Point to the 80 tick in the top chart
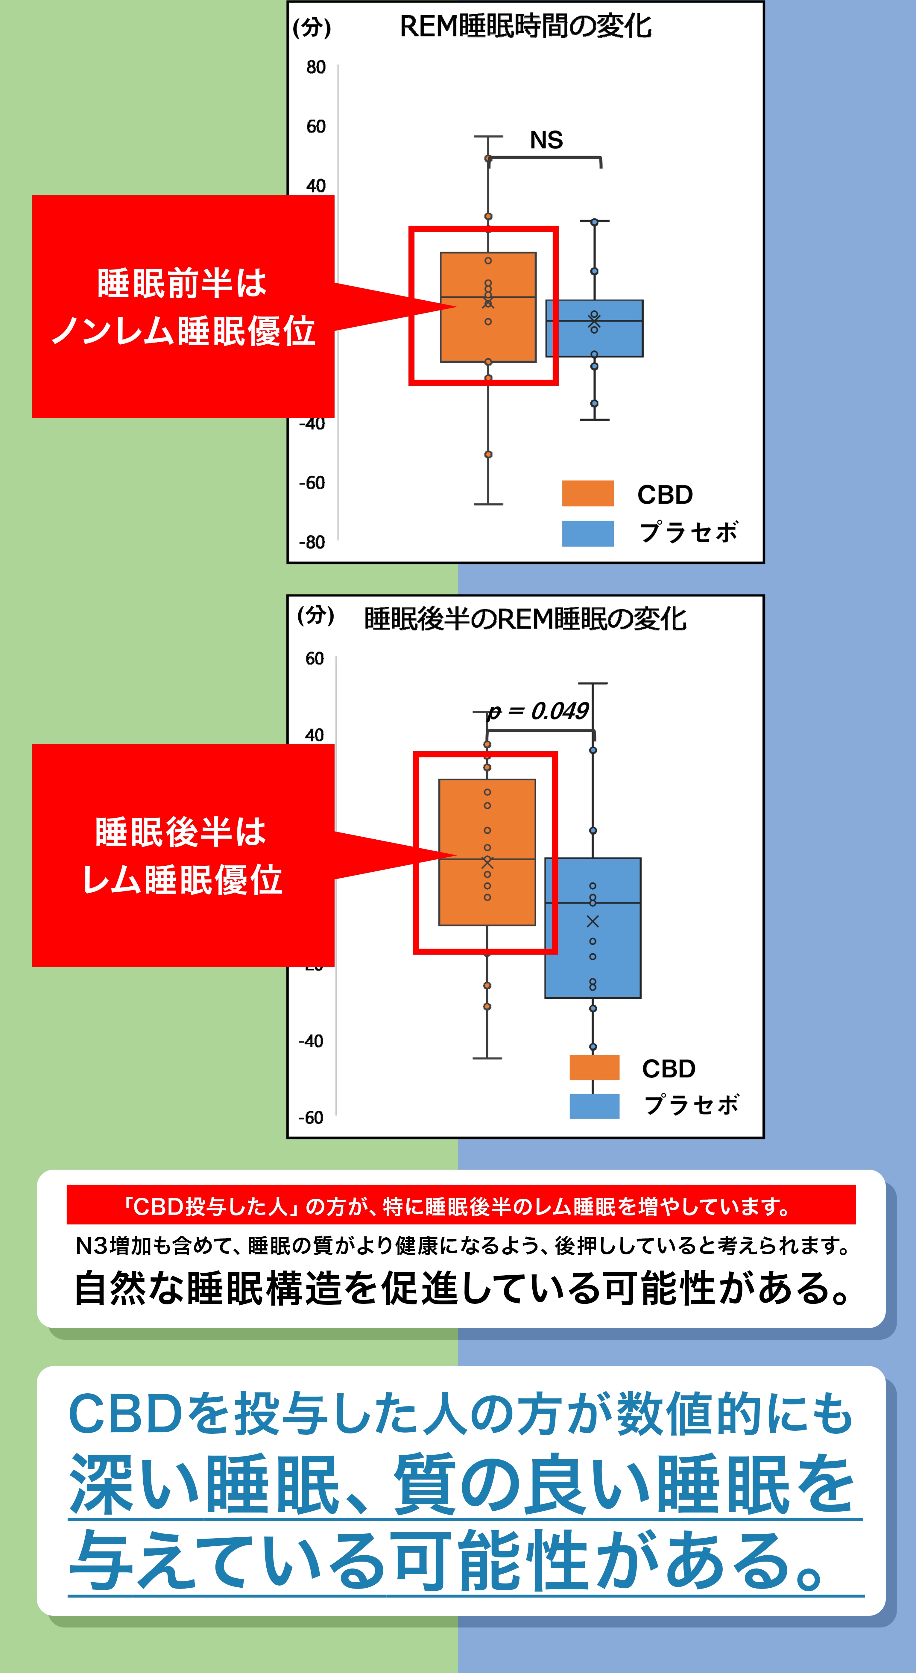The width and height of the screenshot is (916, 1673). [x=316, y=67]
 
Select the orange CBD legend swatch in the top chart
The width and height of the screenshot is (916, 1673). [x=587, y=493]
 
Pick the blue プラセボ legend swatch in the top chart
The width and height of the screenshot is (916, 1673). [x=587, y=533]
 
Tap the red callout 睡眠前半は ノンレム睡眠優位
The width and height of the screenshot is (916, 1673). [x=183, y=307]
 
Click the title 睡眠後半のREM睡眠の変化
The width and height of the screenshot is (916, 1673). [x=525, y=619]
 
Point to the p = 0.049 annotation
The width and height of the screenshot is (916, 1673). [x=539, y=712]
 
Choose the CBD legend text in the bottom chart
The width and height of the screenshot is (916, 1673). [x=669, y=1068]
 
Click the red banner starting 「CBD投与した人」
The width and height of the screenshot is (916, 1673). [x=461, y=1207]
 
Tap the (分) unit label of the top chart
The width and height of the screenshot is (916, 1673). [x=312, y=28]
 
